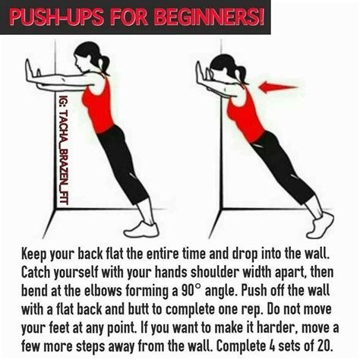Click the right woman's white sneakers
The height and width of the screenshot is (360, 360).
(x=320, y=225)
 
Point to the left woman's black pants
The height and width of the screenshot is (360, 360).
(x=125, y=167)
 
